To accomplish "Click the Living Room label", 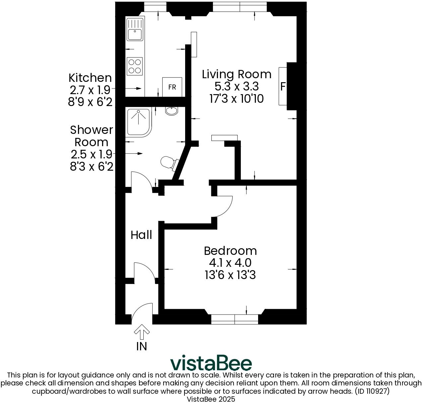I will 237,74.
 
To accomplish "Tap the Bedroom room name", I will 230,251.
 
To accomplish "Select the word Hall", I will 141,235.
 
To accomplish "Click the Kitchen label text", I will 90,78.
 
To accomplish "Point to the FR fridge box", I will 172,87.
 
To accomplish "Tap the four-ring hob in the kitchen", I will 134,66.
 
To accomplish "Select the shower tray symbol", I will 138,122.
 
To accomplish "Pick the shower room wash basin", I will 172,111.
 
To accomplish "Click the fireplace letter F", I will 283,86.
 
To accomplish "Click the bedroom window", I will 235,319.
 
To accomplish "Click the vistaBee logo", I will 211,364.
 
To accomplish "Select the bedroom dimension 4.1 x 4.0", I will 230,263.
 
